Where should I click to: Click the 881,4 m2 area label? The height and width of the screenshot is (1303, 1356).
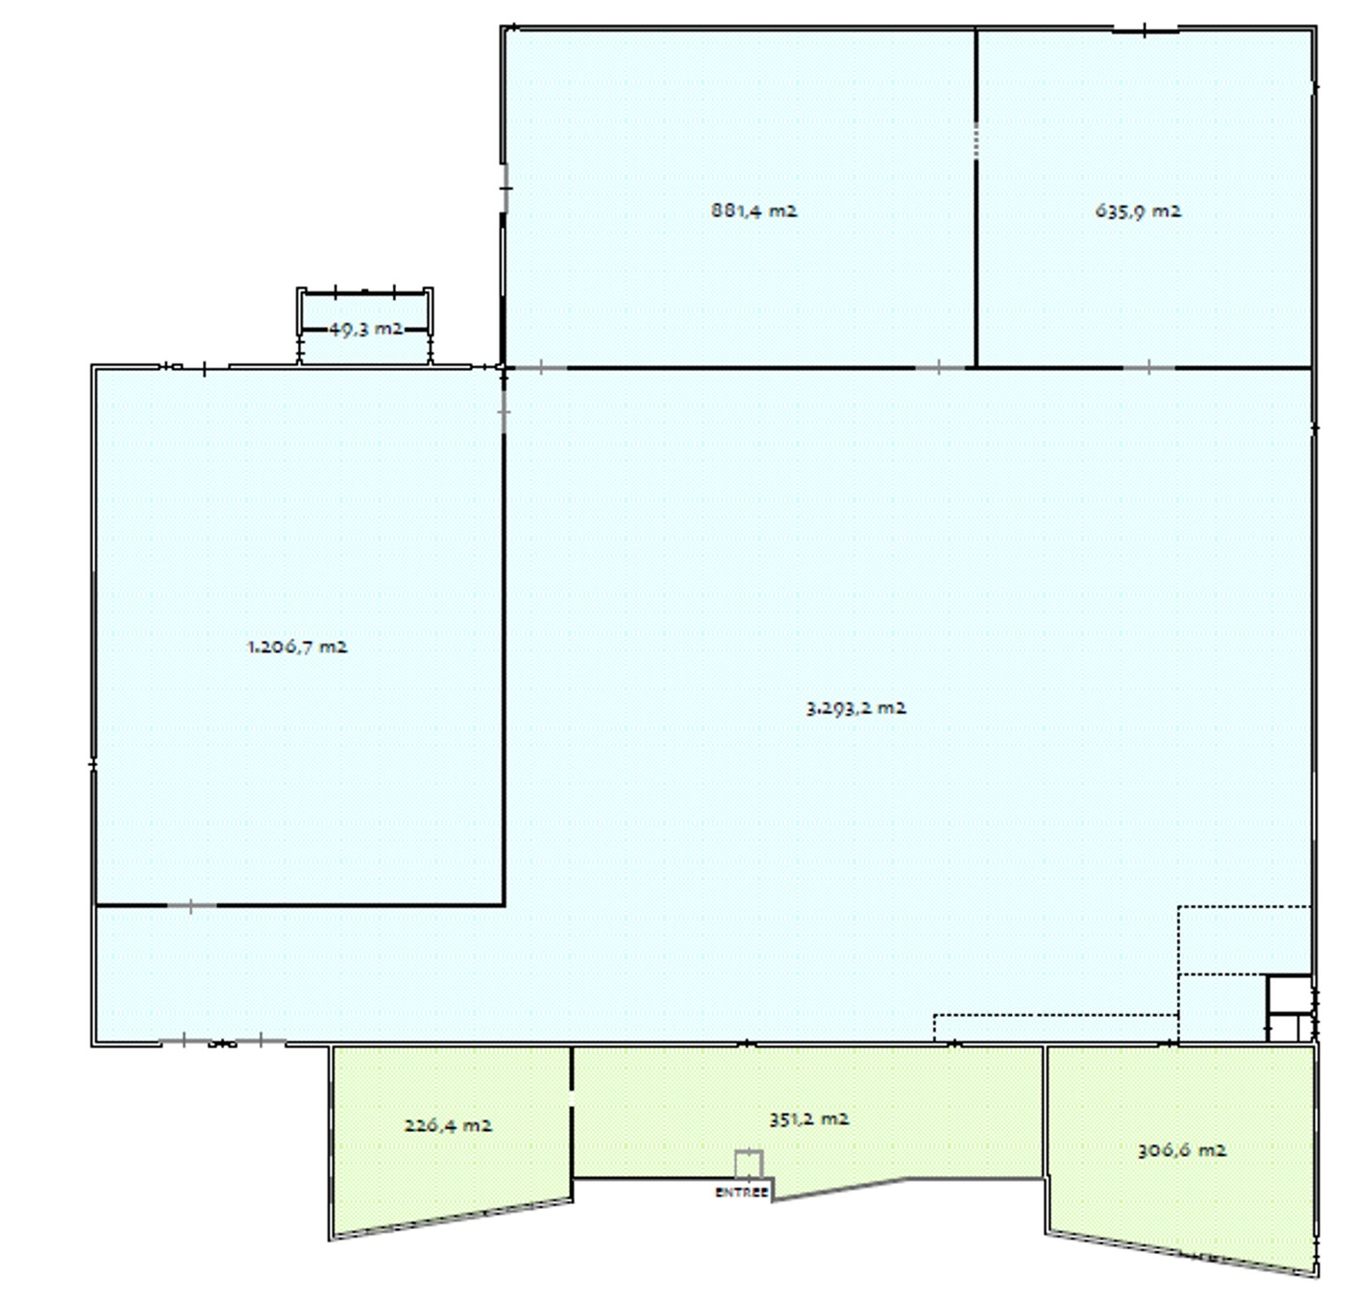click(x=753, y=209)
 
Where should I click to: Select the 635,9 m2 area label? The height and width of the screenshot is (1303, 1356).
click(x=1138, y=210)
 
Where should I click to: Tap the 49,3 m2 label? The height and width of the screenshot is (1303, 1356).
click(x=365, y=329)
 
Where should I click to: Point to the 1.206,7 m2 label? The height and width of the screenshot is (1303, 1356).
click(x=297, y=648)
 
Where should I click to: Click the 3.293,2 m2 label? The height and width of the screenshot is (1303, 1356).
click(x=855, y=708)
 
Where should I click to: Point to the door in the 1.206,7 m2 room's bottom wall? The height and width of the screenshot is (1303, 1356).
click(x=191, y=906)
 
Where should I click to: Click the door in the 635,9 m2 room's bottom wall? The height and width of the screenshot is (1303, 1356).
click(x=1148, y=367)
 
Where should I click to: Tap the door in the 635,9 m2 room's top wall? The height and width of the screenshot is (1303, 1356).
click(x=1145, y=30)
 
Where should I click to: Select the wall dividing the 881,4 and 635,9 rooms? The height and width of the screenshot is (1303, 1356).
click(x=975, y=197)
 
